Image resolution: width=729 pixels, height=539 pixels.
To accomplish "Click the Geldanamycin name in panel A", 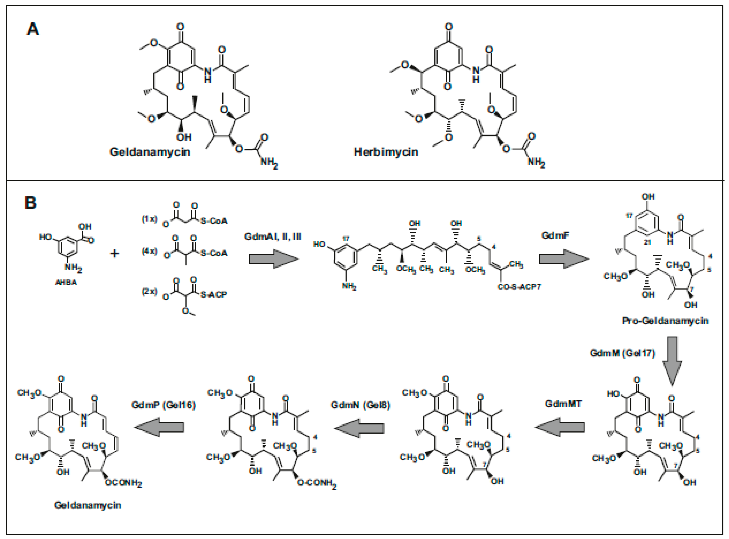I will tap(150, 152).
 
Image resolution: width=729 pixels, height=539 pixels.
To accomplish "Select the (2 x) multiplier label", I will tap(149, 291).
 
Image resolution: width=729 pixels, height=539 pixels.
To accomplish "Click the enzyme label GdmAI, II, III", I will tap(273, 236).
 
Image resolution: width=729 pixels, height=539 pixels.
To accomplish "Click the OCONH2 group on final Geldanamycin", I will tap(123, 483).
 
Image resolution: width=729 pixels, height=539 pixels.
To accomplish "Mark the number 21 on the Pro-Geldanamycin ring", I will tap(647, 242).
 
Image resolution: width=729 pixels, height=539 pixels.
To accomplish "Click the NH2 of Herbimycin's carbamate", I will tap(536, 162).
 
